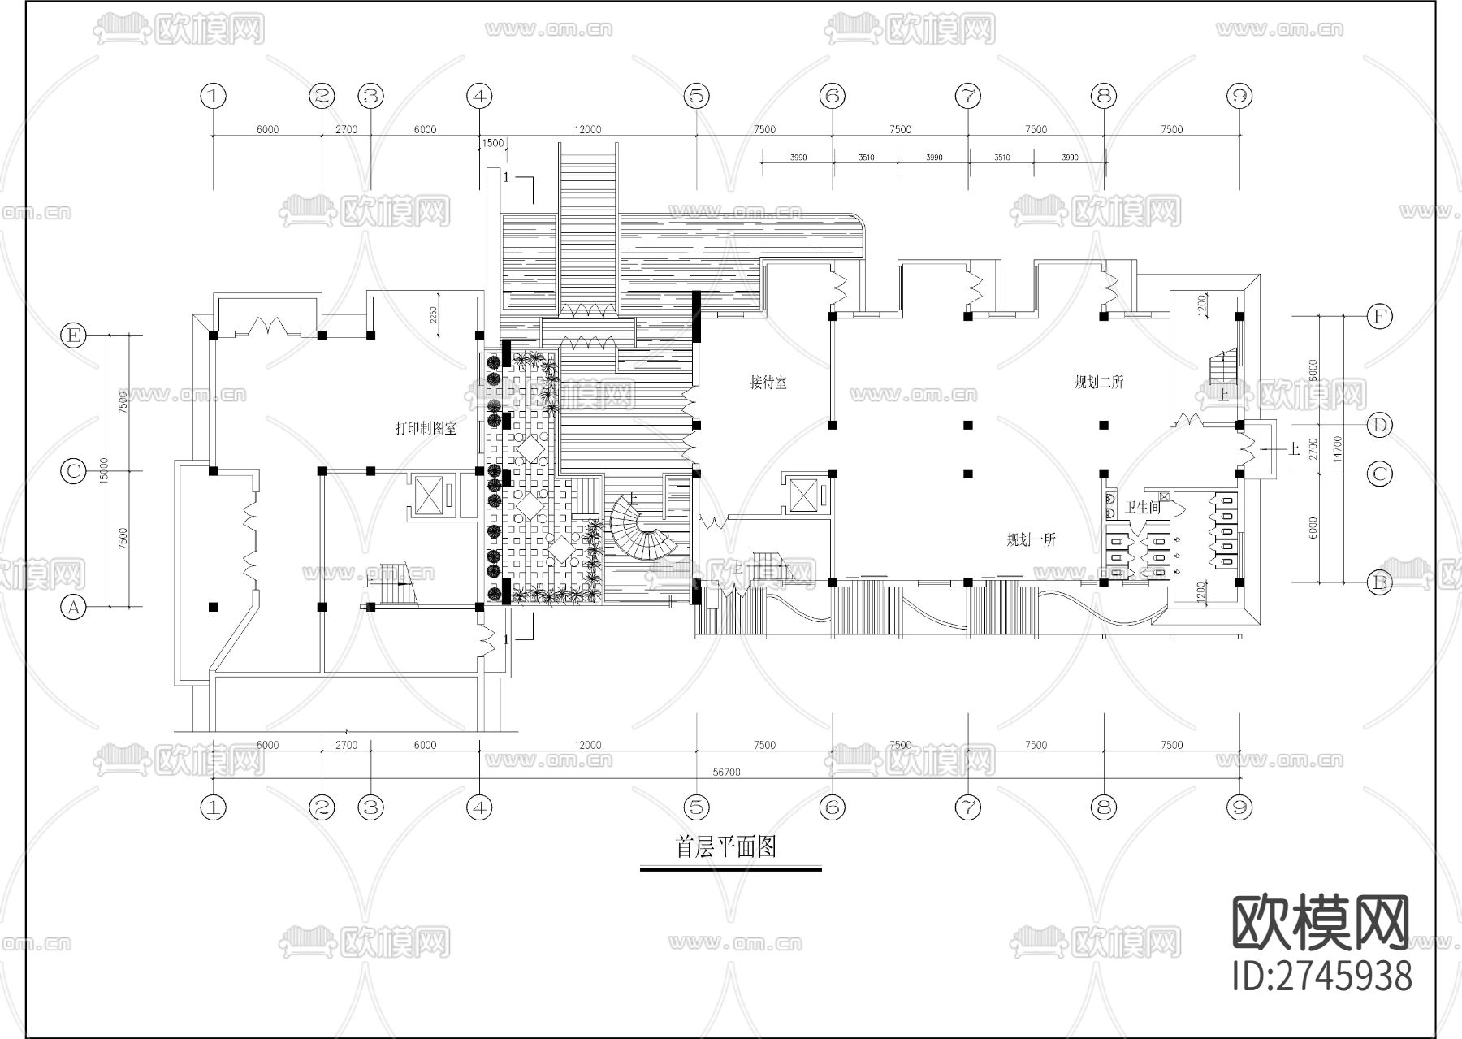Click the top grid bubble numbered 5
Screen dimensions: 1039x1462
click(x=696, y=96)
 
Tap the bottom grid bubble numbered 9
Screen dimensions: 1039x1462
click(x=1239, y=807)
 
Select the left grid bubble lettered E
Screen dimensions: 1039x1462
click(x=74, y=335)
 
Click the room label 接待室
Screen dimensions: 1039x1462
click(x=768, y=382)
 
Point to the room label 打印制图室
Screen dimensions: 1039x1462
click(x=426, y=428)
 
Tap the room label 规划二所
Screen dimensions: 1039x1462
click(x=1098, y=382)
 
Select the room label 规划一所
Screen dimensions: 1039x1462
click(x=1031, y=539)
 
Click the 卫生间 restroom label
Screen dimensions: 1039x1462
click(x=1142, y=507)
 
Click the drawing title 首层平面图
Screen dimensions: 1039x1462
click(x=727, y=847)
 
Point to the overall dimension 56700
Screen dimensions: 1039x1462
click(x=726, y=773)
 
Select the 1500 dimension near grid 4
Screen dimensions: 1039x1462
click(x=493, y=144)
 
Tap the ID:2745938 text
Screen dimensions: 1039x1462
click(x=1321, y=976)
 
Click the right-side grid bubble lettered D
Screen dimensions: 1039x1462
click(x=1379, y=424)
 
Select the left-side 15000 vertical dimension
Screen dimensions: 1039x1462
click(x=103, y=471)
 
